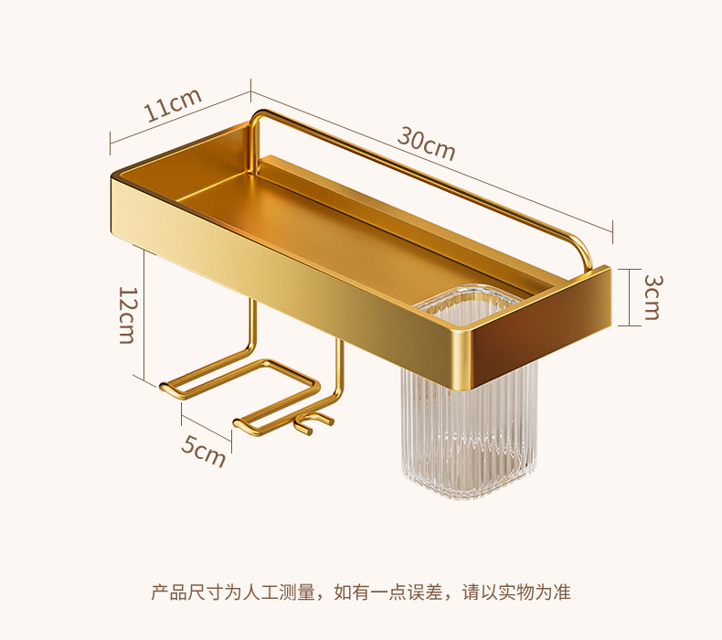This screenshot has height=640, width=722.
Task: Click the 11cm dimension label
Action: tap(172, 107)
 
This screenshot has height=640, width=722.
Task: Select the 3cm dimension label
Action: tap(651, 296)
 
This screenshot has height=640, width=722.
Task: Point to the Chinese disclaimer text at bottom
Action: tap(360, 592)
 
